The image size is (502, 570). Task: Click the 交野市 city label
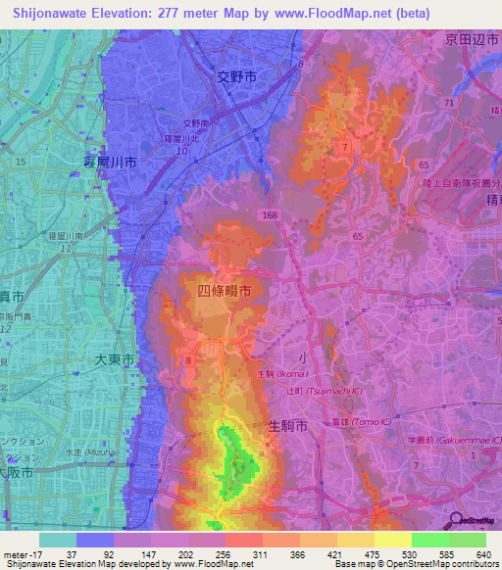pos(235,74)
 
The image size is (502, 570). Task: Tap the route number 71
pos(448,102)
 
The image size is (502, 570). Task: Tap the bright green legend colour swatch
pos(429,540)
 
